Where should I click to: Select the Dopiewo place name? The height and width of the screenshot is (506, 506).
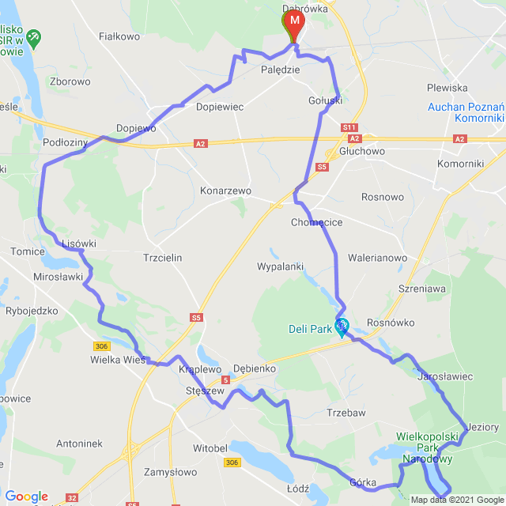136,127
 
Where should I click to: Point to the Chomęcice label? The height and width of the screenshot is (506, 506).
316,222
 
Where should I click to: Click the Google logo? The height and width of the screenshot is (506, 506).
26,496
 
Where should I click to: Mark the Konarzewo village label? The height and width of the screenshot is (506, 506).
225,191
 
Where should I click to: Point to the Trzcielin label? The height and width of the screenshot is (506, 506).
163,258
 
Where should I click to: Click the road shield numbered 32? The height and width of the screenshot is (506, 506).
72,498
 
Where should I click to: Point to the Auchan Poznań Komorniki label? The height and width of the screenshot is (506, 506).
466,112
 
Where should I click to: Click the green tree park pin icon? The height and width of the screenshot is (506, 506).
33,37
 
